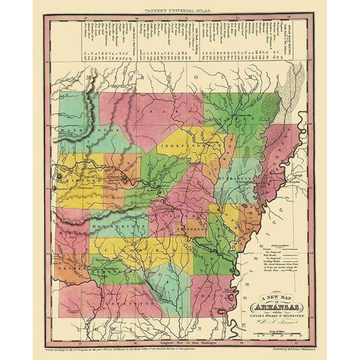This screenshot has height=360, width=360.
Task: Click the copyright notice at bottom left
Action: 112,349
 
